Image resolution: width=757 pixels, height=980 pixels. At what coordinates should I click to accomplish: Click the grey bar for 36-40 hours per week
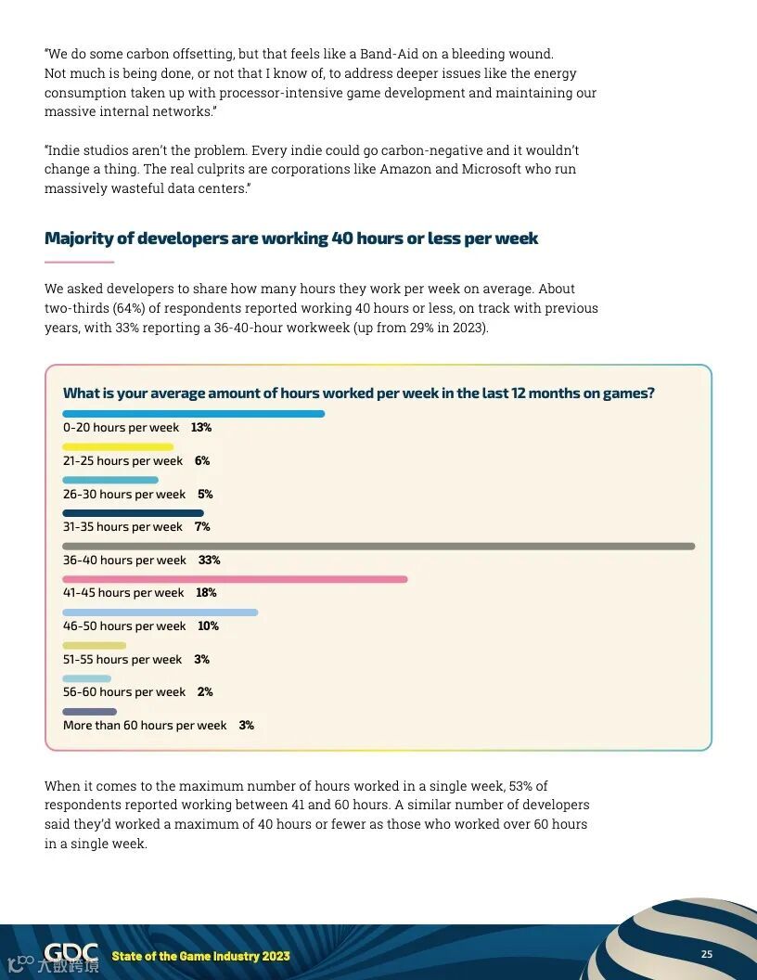[x=378, y=547]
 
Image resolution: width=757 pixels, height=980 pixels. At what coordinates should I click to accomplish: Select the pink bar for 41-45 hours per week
[x=235, y=579]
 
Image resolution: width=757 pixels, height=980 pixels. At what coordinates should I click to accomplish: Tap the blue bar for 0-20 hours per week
[x=193, y=414]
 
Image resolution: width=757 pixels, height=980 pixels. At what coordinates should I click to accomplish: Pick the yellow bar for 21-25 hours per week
[x=118, y=447]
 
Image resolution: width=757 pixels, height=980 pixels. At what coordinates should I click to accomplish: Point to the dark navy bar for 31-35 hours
[x=133, y=513]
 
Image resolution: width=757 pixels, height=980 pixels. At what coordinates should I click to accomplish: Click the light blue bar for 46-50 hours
[x=160, y=612]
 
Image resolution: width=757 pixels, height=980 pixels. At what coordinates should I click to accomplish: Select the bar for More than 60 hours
[x=89, y=712]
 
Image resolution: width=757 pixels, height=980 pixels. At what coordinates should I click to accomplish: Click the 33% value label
[x=209, y=561]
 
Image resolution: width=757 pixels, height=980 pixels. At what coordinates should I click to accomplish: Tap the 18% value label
[x=206, y=593]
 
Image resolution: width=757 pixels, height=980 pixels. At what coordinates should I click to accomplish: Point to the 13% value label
[x=201, y=428]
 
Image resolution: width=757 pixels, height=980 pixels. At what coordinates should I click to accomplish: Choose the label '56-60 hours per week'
[x=124, y=692]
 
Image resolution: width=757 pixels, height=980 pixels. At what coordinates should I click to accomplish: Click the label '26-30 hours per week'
[x=124, y=495]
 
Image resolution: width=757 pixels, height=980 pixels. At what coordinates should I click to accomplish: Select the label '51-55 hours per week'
[x=122, y=660]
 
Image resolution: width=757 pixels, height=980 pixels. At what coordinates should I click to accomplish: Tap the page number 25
[x=707, y=954]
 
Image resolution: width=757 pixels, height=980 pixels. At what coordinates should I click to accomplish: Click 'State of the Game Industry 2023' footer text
[x=200, y=956]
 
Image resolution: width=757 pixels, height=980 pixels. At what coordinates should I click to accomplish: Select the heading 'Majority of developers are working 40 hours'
[x=291, y=239]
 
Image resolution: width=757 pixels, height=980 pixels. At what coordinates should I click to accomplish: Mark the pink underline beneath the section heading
[x=79, y=262]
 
